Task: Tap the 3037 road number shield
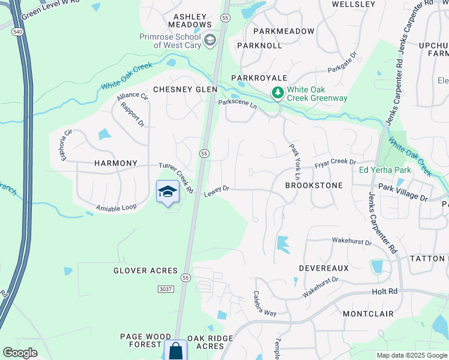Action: (166, 289)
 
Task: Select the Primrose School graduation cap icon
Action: (210, 41)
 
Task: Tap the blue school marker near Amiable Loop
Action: (167, 192)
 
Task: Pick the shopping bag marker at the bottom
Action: (175, 351)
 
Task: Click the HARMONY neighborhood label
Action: (116, 163)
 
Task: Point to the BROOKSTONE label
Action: (314, 186)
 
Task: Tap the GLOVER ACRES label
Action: (146, 271)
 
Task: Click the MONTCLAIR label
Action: (368, 314)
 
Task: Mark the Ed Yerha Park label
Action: (385, 170)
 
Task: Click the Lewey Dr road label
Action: (217, 191)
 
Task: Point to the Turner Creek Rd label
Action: (176, 178)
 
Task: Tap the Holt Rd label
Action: (385, 292)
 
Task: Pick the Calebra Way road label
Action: (264, 304)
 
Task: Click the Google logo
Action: (20, 353)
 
